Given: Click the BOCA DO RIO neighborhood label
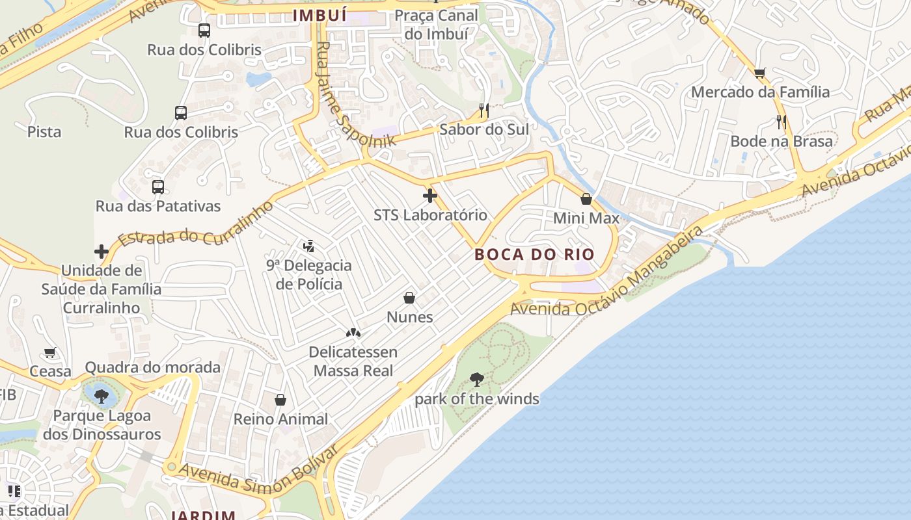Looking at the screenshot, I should (535, 254).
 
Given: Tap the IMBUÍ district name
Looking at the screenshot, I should (320, 15).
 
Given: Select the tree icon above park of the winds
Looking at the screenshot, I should (477, 380).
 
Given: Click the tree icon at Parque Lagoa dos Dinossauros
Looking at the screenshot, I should (101, 396).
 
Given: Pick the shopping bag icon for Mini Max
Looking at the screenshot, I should (586, 199).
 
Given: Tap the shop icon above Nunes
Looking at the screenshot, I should (409, 298).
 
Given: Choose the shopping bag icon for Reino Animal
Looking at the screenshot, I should (280, 399).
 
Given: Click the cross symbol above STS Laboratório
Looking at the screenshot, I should (429, 195).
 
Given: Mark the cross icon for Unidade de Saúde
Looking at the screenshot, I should (102, 251).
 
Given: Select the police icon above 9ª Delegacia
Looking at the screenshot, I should (309, 246).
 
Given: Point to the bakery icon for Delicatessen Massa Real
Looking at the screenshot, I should (353, 333).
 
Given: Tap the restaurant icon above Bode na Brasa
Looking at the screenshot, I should (782, 122).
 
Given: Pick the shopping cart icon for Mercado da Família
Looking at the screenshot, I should (759, 73).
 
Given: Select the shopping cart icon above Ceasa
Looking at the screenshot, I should (50, 353).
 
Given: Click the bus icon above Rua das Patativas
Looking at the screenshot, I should (158, 187).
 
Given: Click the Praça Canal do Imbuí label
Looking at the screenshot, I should (436, 24).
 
